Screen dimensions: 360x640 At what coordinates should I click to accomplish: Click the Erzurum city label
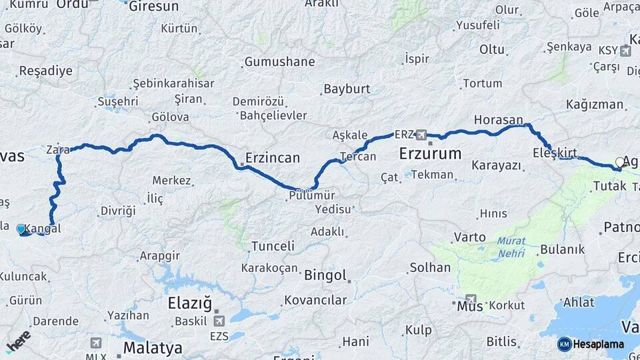click(430, 154)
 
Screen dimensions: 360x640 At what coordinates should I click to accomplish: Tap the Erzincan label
click(272, 158)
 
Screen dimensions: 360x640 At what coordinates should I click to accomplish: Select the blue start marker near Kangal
click(21, 229)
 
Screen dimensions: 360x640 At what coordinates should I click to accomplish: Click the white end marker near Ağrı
click(620, 162)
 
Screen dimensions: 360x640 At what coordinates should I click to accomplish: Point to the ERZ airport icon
click(421, 134)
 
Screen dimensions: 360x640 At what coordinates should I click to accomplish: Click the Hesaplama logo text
click(599, 344)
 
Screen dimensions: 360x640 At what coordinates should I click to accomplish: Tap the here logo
click(18, 341)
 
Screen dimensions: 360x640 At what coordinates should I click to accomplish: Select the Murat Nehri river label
click(510, 246)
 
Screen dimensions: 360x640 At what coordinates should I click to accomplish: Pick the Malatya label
click(153, 347)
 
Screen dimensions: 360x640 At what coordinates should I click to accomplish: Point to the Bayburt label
click(347, 89)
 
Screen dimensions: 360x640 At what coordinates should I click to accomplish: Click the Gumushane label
click(279, 62)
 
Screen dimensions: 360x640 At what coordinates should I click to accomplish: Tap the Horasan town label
click(499, 120)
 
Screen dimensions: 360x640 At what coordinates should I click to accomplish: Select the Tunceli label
click(273, 246)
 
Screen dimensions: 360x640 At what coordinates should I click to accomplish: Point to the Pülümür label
click(312, 195)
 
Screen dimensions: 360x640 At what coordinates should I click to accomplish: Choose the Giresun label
click(153, 7)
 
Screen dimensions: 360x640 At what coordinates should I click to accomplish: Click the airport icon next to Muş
click(471, 299)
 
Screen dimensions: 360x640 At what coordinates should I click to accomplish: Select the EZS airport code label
click(219, 336)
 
